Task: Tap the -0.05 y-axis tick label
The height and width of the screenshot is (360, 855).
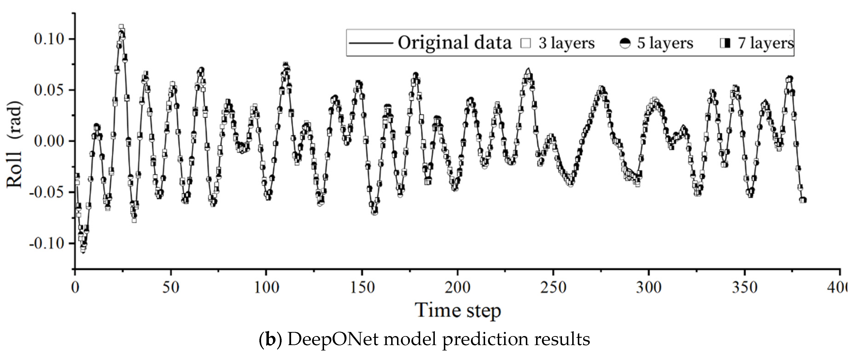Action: click(x=46, y=192)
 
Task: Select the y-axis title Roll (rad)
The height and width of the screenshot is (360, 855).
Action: click(x=15, y=144)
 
